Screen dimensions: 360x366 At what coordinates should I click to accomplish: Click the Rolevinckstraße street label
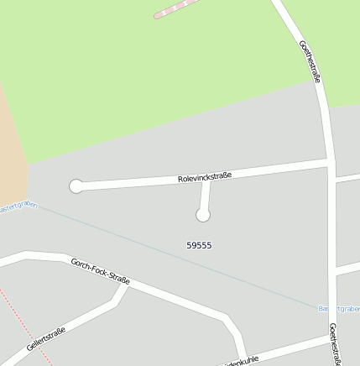(205, 177)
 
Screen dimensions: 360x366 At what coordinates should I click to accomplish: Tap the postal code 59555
(199, 245)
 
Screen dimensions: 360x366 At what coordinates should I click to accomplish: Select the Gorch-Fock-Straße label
(101, 270)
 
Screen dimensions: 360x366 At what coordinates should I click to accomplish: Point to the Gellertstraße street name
(46, 340)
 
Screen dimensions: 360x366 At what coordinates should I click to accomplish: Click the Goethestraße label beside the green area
(310, 60)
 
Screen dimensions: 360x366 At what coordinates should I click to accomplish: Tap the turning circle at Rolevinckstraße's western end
(76, 186)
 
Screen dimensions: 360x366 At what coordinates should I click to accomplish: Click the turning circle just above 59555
(202, 215)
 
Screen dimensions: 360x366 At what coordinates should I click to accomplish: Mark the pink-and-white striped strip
(179, 8)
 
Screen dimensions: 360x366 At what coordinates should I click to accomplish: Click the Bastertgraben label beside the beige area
(18, 207)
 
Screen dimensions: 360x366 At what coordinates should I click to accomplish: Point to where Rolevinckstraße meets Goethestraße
(330, 160)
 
